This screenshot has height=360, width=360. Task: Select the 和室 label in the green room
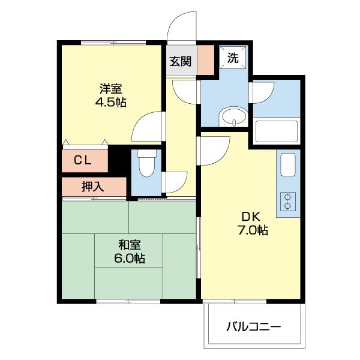tap(129, 245)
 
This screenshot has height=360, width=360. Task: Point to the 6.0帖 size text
tap(129, 259)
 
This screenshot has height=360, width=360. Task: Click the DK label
tap(250, 217)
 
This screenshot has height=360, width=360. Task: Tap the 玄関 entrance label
tap(180, 61)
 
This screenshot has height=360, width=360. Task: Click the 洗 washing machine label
tap(233, 59)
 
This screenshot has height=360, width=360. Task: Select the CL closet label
tap(83, 160)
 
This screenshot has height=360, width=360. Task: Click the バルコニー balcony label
tap(254, 328)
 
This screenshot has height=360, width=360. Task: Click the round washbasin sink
tap(233, 118)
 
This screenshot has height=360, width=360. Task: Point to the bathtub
tap(276, 131)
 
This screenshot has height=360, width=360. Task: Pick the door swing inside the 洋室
tap(148, 127)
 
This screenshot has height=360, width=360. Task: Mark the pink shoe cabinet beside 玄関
tap(205, 60)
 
